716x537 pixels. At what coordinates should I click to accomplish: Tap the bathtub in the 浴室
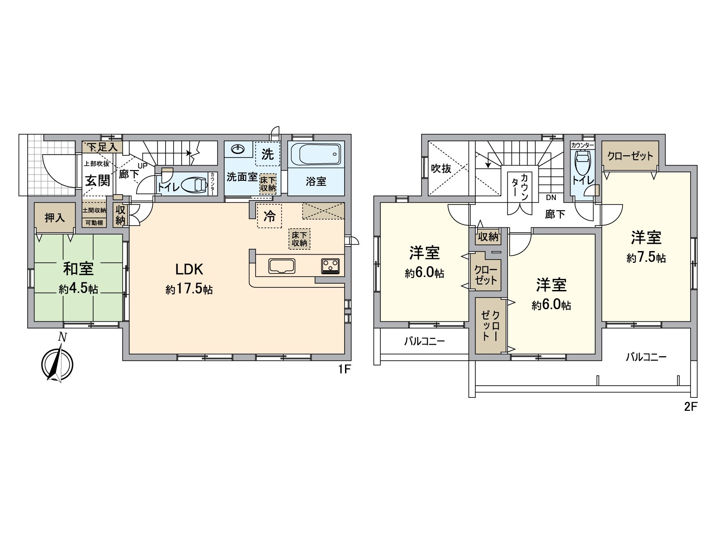(315, 154)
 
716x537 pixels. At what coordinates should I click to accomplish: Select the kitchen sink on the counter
(282, 266)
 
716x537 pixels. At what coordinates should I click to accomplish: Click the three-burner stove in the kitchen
(330, 266)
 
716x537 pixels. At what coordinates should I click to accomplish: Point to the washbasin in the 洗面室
(238, 149)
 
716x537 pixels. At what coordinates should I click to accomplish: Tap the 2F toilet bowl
(582, 163)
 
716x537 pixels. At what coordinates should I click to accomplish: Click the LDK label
(189, 270)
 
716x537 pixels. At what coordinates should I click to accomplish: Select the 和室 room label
(78, 269)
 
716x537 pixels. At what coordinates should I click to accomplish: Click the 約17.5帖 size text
(189, 290)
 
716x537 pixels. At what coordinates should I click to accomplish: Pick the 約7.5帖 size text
(646, 258)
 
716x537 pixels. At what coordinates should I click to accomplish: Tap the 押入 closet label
(55, 218)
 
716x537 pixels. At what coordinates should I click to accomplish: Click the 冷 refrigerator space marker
(269, 216)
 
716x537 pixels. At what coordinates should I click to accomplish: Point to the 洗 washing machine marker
(268, 154)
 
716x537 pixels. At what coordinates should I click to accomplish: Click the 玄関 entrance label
(98, 180)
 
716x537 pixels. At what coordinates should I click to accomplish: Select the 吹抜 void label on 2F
(441, 169)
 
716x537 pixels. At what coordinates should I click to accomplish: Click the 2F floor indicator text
(690, 407)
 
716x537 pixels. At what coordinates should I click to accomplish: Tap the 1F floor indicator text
(344, 370)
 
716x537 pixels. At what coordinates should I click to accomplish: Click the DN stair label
(551, 197)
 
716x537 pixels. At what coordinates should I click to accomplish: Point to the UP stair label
(143, 166)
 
